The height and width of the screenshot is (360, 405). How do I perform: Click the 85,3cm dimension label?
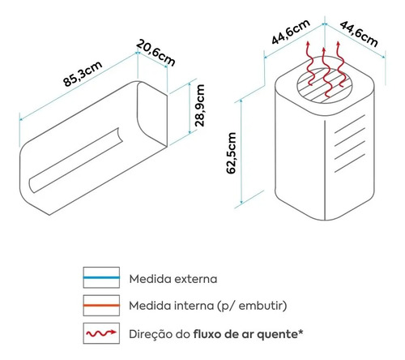pyautogui.click(x=83, y=74)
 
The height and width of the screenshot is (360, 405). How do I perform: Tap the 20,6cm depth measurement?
pyautogui.click(x=156, y=53)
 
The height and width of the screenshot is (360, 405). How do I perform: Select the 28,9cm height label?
pyautogui.click(x=200, y=105)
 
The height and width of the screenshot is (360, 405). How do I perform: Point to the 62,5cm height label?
pyautogui.click(x=232, y=153)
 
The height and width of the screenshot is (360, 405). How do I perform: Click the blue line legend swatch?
pyautogui.click(x=101, y=277)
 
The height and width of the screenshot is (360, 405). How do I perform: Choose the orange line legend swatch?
pyautogui.click(x=101, y=306)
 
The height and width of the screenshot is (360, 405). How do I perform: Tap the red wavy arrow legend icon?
pyautogui.click(x=101, y=333)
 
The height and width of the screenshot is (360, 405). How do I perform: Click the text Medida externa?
pyautogui.click(x=173, y=279)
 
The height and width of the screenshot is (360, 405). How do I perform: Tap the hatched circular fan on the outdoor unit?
pyautogui.click(x=325, y=85)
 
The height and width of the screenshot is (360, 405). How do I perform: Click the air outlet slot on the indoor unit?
pyautogui.click(x=76, y=160)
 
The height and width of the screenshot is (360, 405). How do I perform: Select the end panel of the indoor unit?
pyautogui.click(x=152, y=114)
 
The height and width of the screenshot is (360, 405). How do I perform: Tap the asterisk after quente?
pyautogui.click(x=301, y=332)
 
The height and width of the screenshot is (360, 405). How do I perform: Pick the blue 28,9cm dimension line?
pyautogui.click(x=190, y=108)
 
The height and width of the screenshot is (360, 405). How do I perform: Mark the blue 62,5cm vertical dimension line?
pyautogui.click(x=241, y=152)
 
